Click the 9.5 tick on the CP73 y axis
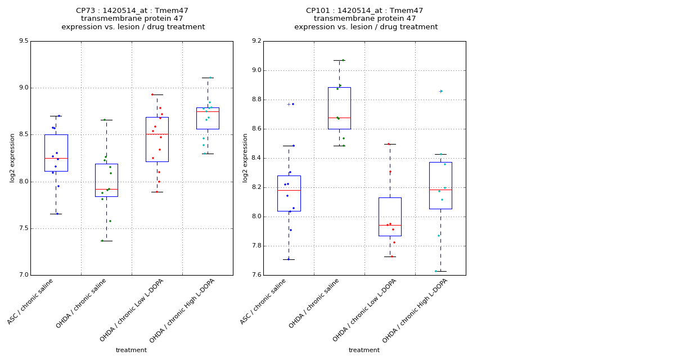click(23, 41)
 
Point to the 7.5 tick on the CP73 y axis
click(23, 228)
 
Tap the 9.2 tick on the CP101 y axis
click(256, 41)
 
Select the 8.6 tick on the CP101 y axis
click(256, 129)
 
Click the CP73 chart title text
click(133, 19)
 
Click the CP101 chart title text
click(366, 19)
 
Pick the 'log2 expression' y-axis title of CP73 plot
click(12, 158)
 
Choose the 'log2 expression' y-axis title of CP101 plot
click(245, 158)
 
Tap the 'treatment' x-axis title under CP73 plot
click(131, 350)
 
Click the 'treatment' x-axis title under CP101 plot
click(364, 350)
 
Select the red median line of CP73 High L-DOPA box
click(208, 111)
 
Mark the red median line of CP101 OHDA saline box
click(339, 118)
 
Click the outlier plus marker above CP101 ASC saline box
click(289, 104)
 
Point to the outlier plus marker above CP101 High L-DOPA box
click(440, 91)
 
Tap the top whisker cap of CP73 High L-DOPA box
click(208, 78)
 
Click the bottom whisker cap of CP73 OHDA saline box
click(106, 241)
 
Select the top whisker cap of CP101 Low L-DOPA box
click(390, 144)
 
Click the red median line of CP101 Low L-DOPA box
click(390, 225)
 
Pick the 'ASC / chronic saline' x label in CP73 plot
click(31, 301)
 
